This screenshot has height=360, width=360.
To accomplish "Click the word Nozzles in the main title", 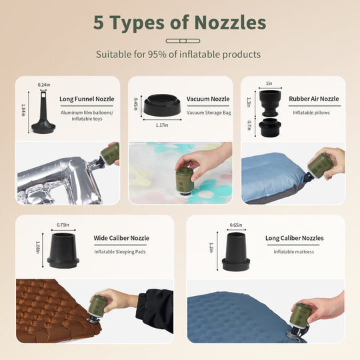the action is click(230, 23).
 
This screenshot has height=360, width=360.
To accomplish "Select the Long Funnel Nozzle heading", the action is click(87, 99).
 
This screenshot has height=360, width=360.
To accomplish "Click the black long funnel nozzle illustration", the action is click(43, 112).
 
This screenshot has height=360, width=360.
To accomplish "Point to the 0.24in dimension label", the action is click(44, 85).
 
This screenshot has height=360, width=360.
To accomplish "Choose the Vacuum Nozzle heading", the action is click(208, 99).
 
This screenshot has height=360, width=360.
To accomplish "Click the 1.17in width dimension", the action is click(162, 125).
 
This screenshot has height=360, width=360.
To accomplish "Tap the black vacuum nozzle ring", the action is click(163, 105).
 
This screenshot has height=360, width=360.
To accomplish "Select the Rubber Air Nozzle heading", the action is click(314, 99).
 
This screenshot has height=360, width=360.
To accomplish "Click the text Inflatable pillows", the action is click(311, 113).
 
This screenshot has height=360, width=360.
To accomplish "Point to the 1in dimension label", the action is click(269, 83).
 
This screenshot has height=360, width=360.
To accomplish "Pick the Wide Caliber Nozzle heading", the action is click(121, 238).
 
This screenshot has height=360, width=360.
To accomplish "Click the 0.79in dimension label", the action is click(63, 225).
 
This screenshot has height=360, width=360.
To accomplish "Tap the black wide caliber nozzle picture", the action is click(63, 251).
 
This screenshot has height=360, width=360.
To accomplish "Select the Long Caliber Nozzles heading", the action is click(295, 238).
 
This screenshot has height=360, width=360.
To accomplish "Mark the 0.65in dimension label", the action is click(236, 225).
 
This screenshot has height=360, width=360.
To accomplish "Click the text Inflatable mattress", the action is click(293, 252).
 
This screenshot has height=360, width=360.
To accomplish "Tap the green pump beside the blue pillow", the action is click(319, 166).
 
